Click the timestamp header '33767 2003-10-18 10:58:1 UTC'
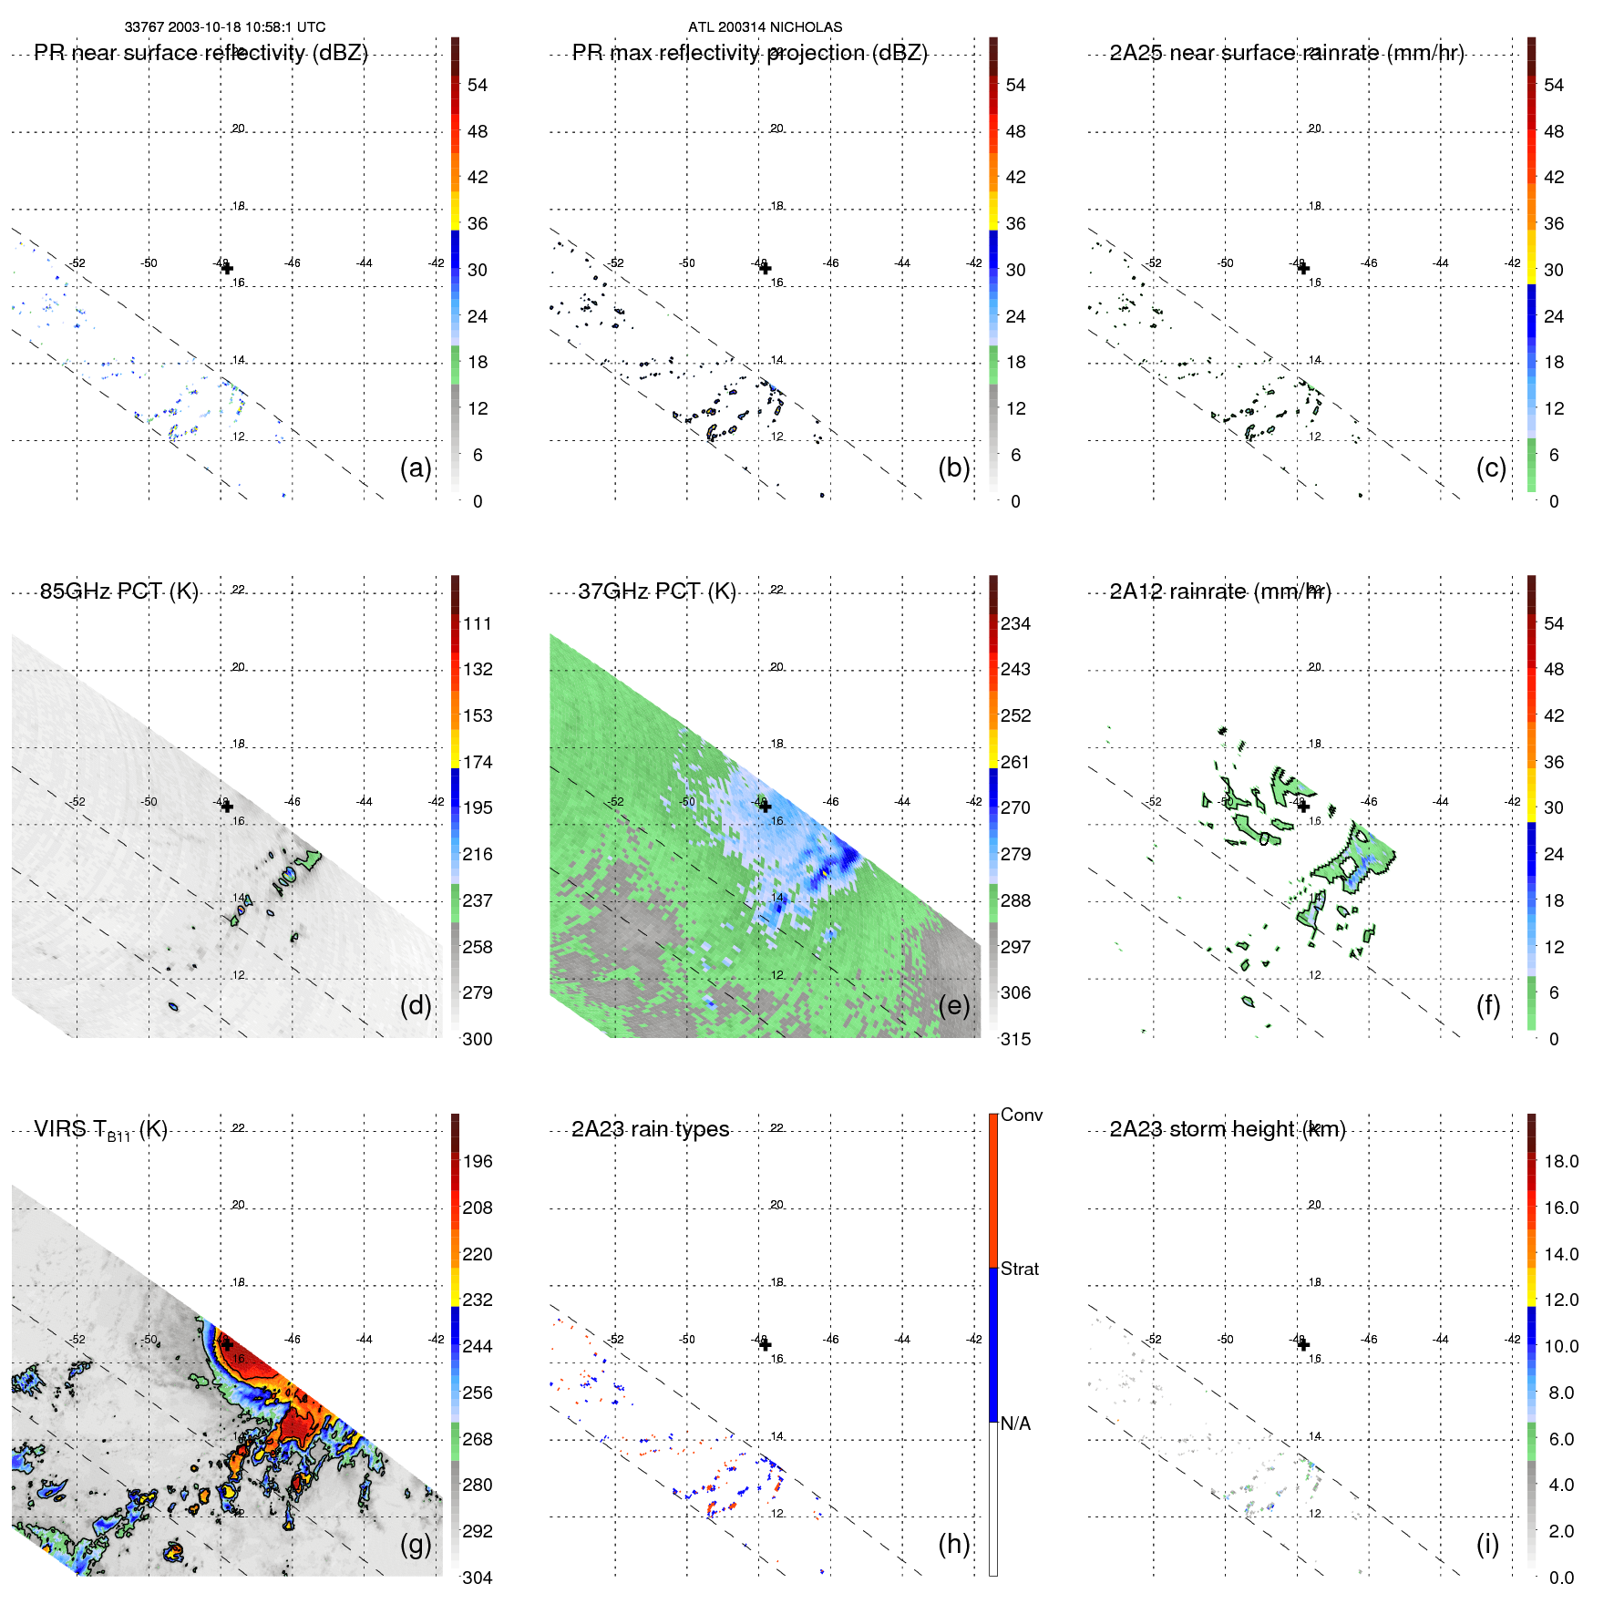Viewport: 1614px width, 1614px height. point(224,27)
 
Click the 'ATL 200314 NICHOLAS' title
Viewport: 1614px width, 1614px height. point(765,27)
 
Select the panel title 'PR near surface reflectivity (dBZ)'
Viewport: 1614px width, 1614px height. point(200,53)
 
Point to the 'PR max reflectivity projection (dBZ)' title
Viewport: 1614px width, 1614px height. point(749,53)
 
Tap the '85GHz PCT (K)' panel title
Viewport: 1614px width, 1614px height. point(118,591)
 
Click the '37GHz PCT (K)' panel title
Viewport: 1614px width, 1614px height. point(656,591)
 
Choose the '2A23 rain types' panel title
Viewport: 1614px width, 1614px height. point(650,1129)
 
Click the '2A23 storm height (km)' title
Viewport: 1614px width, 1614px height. point(1227,1129)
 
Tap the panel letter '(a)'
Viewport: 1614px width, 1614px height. point(415,468)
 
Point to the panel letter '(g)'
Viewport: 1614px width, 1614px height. point(415,1544)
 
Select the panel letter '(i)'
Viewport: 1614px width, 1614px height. point(1487,1544)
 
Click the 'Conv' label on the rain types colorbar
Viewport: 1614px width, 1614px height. point(1021,1115)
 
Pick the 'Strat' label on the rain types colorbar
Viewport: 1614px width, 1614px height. point(1019,1269)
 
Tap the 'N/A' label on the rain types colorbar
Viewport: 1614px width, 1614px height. point(1015,1424)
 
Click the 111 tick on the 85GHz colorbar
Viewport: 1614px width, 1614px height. point(477,623)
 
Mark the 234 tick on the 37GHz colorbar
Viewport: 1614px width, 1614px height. point(1015,623)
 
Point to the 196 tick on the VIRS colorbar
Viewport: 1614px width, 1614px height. point(477,1161)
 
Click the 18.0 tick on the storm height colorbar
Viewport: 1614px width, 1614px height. point(1560,1161)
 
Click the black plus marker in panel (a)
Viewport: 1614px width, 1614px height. point(227,268)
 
